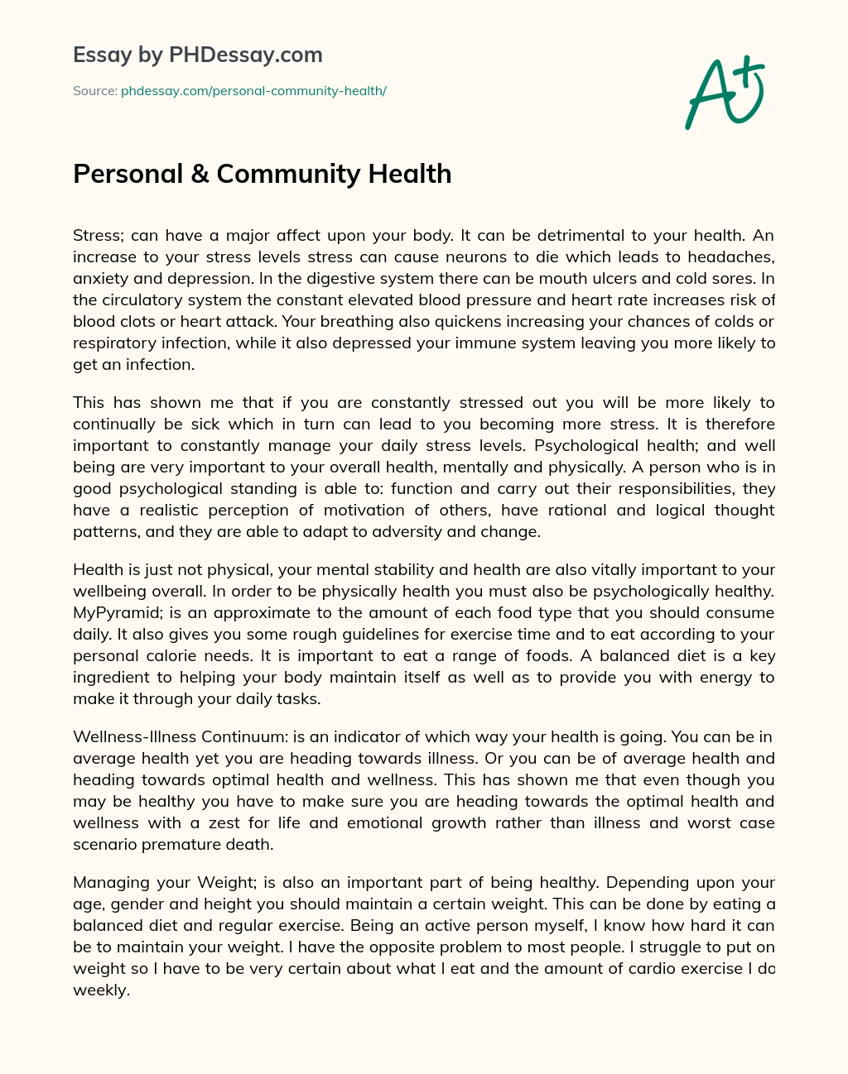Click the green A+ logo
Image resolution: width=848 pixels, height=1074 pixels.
click(725, 92)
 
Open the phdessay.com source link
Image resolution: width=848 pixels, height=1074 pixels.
click(253, 91)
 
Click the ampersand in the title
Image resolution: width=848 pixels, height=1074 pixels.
click(200, 175)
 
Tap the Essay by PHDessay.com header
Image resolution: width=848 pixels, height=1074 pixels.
click(197, 55)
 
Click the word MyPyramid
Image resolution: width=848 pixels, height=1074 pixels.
click(112, 613)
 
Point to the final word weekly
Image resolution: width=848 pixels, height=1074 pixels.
click(100, 990)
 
